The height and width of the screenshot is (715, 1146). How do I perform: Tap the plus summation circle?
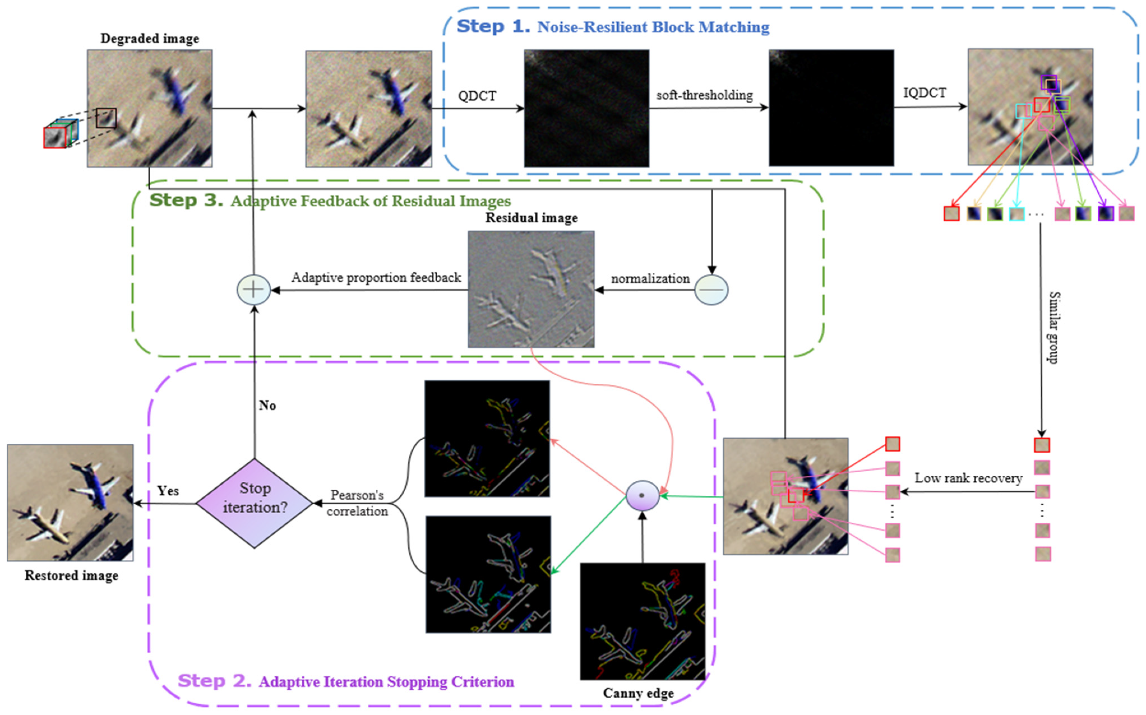(253, 290)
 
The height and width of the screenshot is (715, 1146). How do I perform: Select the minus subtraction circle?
(711, 290)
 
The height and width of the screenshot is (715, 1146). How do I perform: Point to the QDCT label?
(477, 96)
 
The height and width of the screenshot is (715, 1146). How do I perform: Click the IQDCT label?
(924, 93)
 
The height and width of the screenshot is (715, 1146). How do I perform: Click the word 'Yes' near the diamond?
(168, 491)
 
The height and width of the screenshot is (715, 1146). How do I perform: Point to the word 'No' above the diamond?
(267, 405)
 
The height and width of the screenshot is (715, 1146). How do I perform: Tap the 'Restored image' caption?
(71, 575)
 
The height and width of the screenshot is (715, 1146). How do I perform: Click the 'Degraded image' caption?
(149, 38)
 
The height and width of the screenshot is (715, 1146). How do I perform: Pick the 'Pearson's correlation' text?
(357, 503)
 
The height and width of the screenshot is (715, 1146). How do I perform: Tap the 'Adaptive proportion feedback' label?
(376, 277)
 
